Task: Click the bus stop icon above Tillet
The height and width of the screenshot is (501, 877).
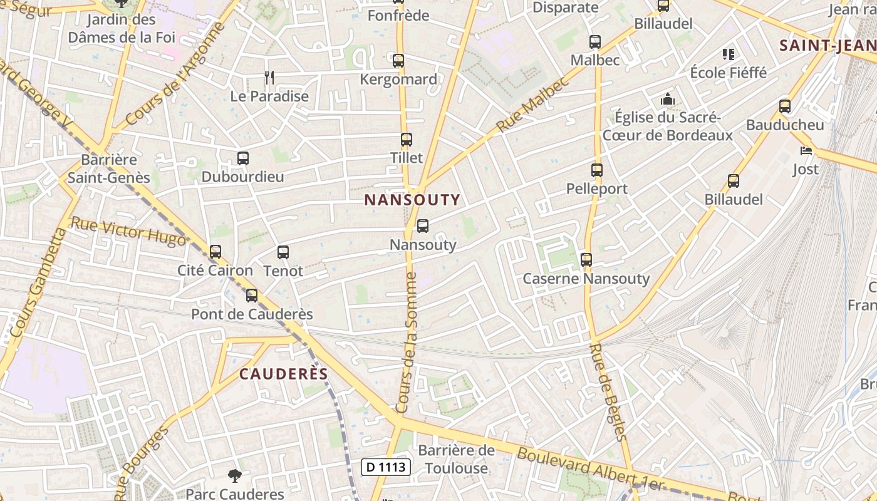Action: click(x=407, y=140)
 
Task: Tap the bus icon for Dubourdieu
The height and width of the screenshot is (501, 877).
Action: click(x=243, y=158)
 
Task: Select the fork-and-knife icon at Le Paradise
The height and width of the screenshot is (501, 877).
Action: click(x=269, y=78)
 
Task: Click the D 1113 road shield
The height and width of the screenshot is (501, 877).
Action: click(x=386, y=467)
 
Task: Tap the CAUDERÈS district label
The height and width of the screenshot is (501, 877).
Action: click(x=284, y=374)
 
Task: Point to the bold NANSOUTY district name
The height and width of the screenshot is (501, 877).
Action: click(x=412, y=200)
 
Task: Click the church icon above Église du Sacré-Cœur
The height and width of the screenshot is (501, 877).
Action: click(x=667, y=99)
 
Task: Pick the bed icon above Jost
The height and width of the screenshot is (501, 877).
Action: click(x=806, y=151)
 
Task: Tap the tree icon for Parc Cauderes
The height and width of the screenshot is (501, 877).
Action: click(x=235, y=476)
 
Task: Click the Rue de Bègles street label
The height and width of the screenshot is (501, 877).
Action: click(x=608, y=392)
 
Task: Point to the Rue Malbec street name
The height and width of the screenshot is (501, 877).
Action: click(x=532, y=105)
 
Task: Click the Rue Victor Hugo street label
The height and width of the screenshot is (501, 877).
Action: click(x=128, y=230)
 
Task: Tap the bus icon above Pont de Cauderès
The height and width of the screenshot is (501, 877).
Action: click(x=252, y=296)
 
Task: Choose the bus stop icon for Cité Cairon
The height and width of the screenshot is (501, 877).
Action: click(x=215, y=252)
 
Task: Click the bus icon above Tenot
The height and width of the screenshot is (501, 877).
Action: click(x=283, y=252)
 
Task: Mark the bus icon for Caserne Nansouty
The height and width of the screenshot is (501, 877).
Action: click(x=586, y=259)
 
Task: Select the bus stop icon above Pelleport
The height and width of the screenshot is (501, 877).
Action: click(x=597, y=170)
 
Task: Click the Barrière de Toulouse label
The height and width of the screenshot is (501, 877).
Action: click(x=456, y=459)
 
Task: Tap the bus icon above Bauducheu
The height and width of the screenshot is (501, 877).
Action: click(x=785, y=106)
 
